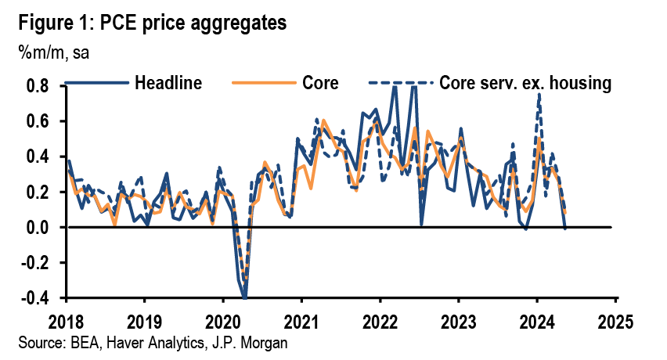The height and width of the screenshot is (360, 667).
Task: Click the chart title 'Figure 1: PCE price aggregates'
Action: point(149,22)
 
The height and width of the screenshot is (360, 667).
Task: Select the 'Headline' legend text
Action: point(168,81)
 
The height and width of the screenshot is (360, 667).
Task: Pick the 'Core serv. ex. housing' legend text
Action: point(525,81)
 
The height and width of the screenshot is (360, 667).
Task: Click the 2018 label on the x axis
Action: point(65,321)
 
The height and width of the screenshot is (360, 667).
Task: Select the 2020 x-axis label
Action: point(222,321)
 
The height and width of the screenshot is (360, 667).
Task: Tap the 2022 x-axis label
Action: point(380,321)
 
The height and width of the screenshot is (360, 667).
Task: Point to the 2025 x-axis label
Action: point(615,321)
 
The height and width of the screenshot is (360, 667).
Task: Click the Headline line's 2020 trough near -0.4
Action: point(244,297)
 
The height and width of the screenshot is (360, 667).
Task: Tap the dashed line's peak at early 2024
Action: point(539,95)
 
